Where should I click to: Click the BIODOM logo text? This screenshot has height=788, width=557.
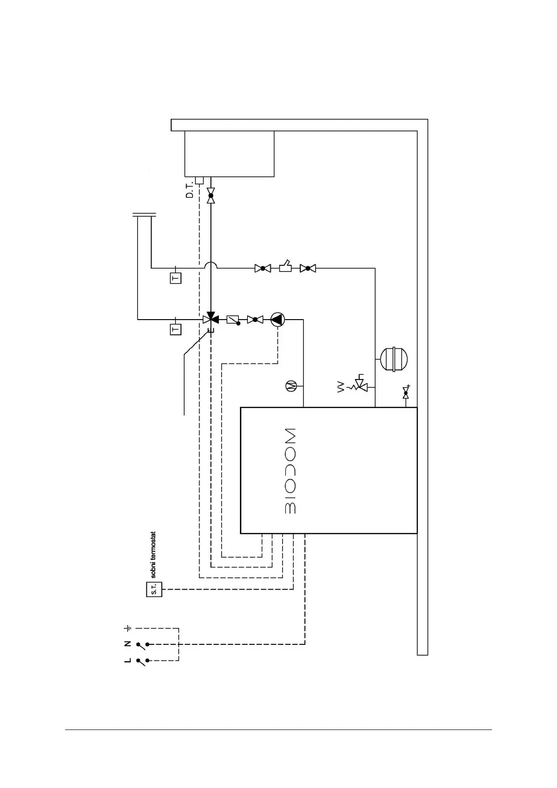290,470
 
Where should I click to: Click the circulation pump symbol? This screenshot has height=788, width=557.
278,320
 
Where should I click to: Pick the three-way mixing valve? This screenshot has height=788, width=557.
210,319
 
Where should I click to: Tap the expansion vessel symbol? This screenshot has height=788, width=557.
394,359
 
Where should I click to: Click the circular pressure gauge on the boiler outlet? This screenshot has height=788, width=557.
291,386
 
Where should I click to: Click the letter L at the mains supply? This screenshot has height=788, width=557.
128,660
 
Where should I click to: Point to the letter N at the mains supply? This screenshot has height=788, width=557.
128,644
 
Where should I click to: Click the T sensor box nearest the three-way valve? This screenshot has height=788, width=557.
175,329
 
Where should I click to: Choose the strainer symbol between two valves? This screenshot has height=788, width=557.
285,268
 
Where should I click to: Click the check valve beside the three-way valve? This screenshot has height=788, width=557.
233,320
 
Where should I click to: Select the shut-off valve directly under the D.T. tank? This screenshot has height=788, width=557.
210,195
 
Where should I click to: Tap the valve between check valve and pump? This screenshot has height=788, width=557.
255,320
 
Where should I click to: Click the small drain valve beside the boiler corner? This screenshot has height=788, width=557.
406,393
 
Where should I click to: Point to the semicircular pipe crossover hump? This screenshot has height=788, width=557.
211,265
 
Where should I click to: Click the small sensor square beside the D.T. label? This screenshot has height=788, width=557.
199,181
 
